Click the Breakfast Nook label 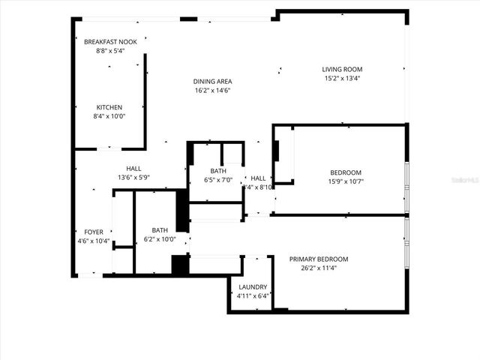tap(110, 42)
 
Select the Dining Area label tap(212, 81)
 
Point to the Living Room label tap(343, 70)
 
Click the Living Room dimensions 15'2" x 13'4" tap(343, 79)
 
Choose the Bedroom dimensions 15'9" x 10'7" tap(346, 181)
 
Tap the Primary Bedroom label tap(319, 259)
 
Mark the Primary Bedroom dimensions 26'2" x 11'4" tap(319, 268)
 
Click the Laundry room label tap(253, 287)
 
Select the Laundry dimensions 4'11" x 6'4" tap(253, 296)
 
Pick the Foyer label tap(94, 232)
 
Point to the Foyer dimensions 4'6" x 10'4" tap(94, 241)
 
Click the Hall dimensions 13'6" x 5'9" tap(134, 178)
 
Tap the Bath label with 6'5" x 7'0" tap(218, 171)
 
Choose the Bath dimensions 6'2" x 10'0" tap(160, 240)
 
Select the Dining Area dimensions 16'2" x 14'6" tap(212, 90)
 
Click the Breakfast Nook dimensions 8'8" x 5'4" tap(110, 51)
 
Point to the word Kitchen tap(108, 107)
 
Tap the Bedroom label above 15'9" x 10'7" tap(346, 172)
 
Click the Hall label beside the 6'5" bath tap(258, 178)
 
